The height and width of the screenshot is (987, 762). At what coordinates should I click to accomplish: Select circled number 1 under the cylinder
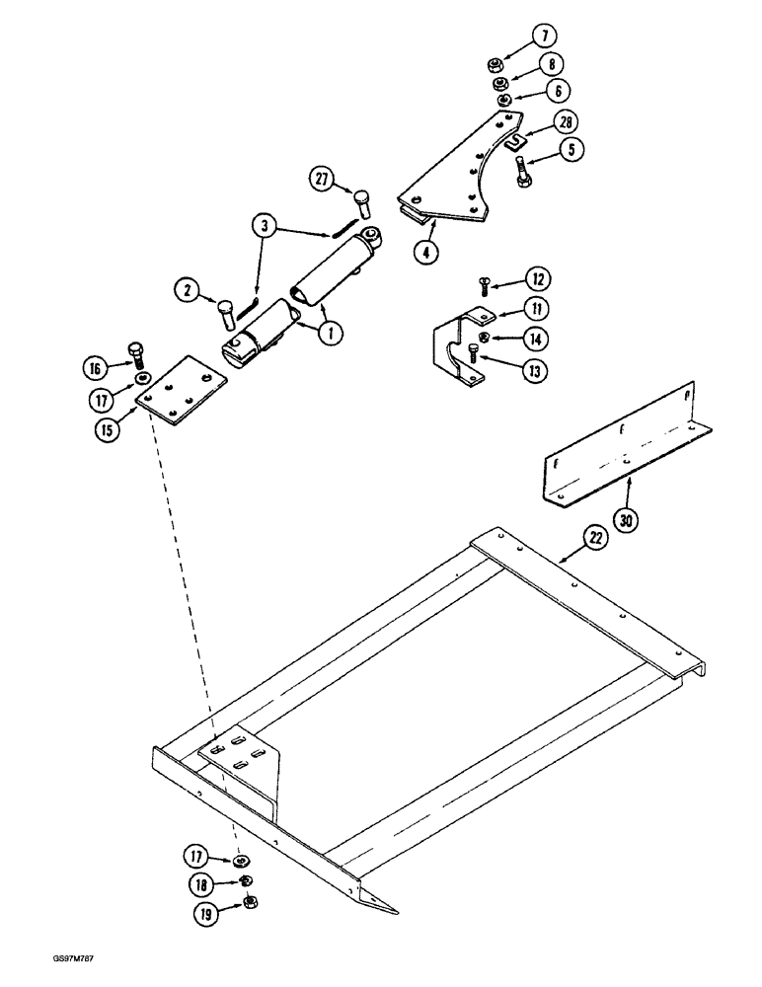(x=329, y=334)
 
